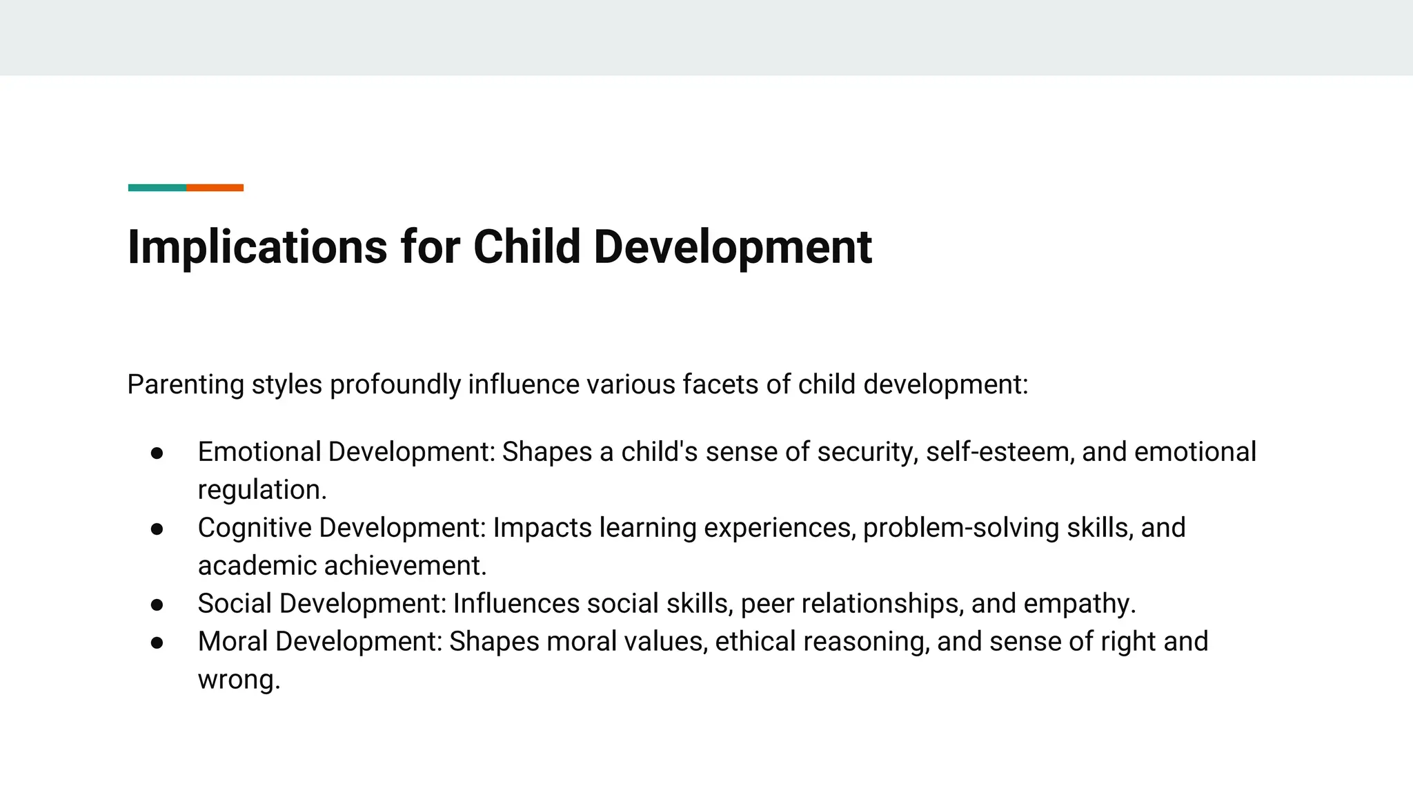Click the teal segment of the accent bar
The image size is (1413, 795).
point(157,188)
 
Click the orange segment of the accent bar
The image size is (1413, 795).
point(215,188)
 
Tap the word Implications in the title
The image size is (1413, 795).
point(257,247)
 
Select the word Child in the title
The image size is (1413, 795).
point(527,247)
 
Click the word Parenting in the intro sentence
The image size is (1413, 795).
point(186,384)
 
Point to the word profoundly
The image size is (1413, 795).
point(395,384)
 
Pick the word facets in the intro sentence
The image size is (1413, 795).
point(720,384)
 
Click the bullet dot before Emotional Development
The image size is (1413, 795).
point(157,453)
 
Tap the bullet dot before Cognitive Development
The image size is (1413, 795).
point(157,529)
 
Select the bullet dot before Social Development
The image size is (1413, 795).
point(157,605)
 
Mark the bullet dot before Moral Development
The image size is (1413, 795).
point(157,642)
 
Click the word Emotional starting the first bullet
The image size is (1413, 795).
point(259,452)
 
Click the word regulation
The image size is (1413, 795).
point(261,490)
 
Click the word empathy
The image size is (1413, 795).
point(1079,604)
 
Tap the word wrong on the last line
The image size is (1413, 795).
point(238,680)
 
